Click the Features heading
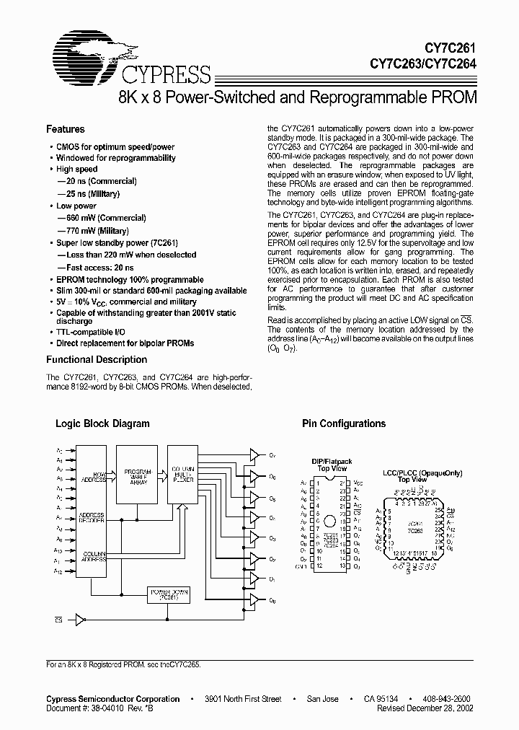tap(65, 129)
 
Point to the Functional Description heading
tap(96, 359)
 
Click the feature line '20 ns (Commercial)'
tap(97, 181)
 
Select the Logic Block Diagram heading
tap(102, 423)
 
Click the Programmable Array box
tap(141, 476)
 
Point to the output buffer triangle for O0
tap(253, 599)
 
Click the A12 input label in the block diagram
tap(58, 570)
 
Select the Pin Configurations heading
tap(343, 423)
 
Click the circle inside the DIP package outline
tap(329, 521)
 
